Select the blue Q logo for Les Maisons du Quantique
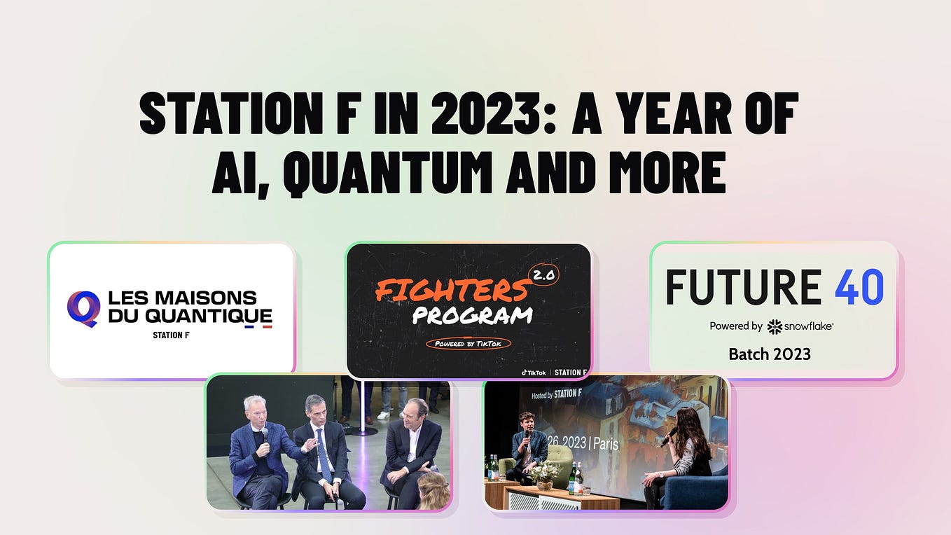(83, 309)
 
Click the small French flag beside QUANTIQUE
(258, 326)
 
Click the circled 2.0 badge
(543, 275)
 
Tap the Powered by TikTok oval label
(468, 343)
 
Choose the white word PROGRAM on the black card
(472, 314)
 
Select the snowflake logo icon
(774, 326)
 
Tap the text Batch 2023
(770, 354)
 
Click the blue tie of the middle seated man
(324, 455)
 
